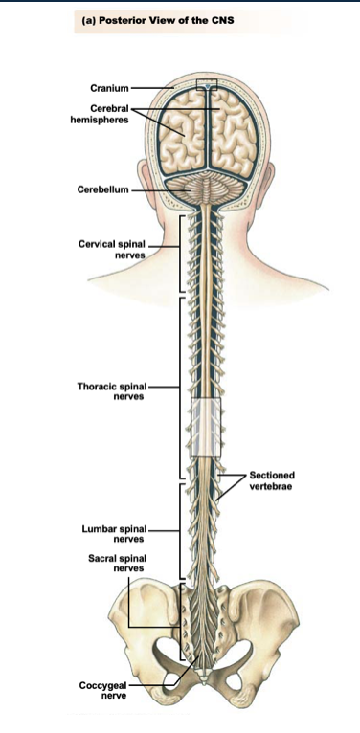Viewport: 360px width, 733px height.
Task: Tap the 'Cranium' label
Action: tap(111, 87)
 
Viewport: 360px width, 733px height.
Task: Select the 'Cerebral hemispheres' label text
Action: tap(104, 114)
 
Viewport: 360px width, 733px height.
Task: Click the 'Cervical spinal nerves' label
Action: tap(113, 250)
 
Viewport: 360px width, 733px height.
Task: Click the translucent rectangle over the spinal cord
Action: tap(206, 425)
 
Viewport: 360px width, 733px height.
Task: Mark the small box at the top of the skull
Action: tap(207, 84)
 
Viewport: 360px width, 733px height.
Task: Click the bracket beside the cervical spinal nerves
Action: tap(179, 254)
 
